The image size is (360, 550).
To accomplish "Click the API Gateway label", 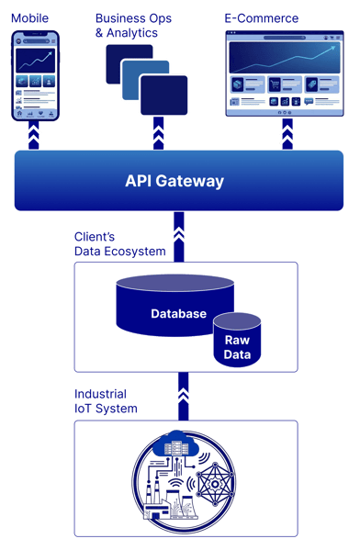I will tap(174, 181).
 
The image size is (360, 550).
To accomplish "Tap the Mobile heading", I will tap(30, 18).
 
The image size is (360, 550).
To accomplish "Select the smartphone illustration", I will tap(35, 75).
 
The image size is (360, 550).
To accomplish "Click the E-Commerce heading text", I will tap(262, 18).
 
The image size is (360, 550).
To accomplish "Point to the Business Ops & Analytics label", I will tap(133, 25).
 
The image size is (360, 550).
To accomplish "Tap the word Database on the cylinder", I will tap(178, 314).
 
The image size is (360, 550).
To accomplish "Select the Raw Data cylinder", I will tap(237, 343).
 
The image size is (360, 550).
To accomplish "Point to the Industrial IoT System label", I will tap(106, 401).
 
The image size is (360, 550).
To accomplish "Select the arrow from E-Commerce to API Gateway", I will tap(287, 135).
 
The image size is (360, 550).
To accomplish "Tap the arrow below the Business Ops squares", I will tap(158, 135).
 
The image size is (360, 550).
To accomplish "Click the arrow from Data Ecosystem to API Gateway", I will tap(180, 235).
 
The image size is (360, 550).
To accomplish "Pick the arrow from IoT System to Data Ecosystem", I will tap(183, 396).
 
